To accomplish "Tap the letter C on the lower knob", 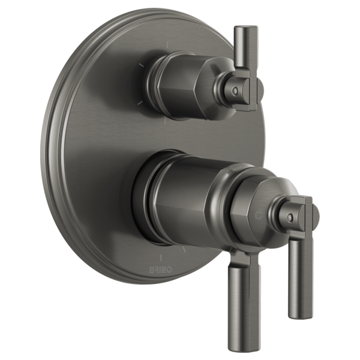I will click(259, 214).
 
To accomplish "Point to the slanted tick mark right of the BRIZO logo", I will click(184, 248).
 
